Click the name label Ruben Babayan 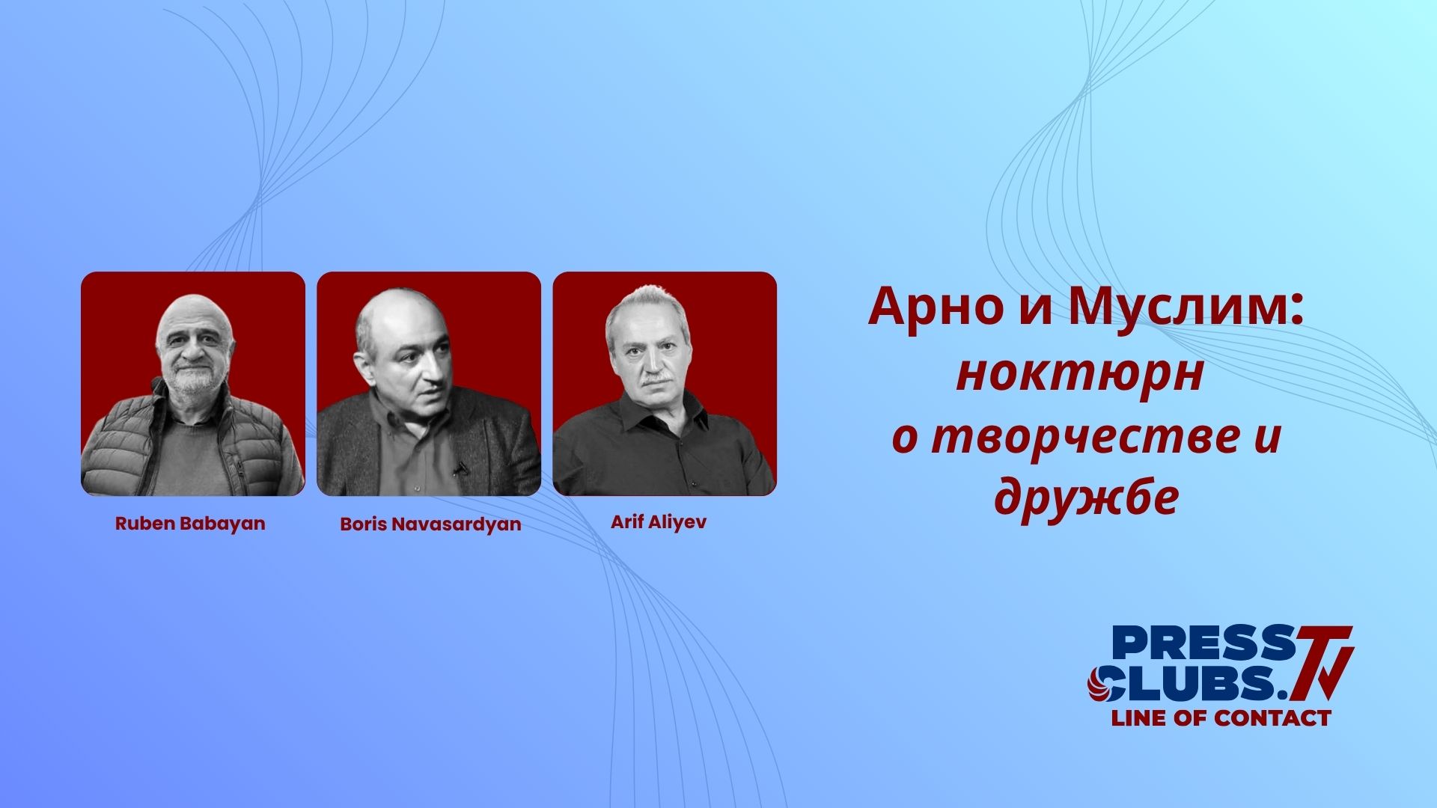(x=190, y=523)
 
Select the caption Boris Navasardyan (x=430, y=524)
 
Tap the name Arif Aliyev (x=659, y=522)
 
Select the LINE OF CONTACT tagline (x=1221, y=718)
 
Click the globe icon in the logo (x=1099, y=682)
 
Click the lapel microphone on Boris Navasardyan (x=460, y=469)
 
